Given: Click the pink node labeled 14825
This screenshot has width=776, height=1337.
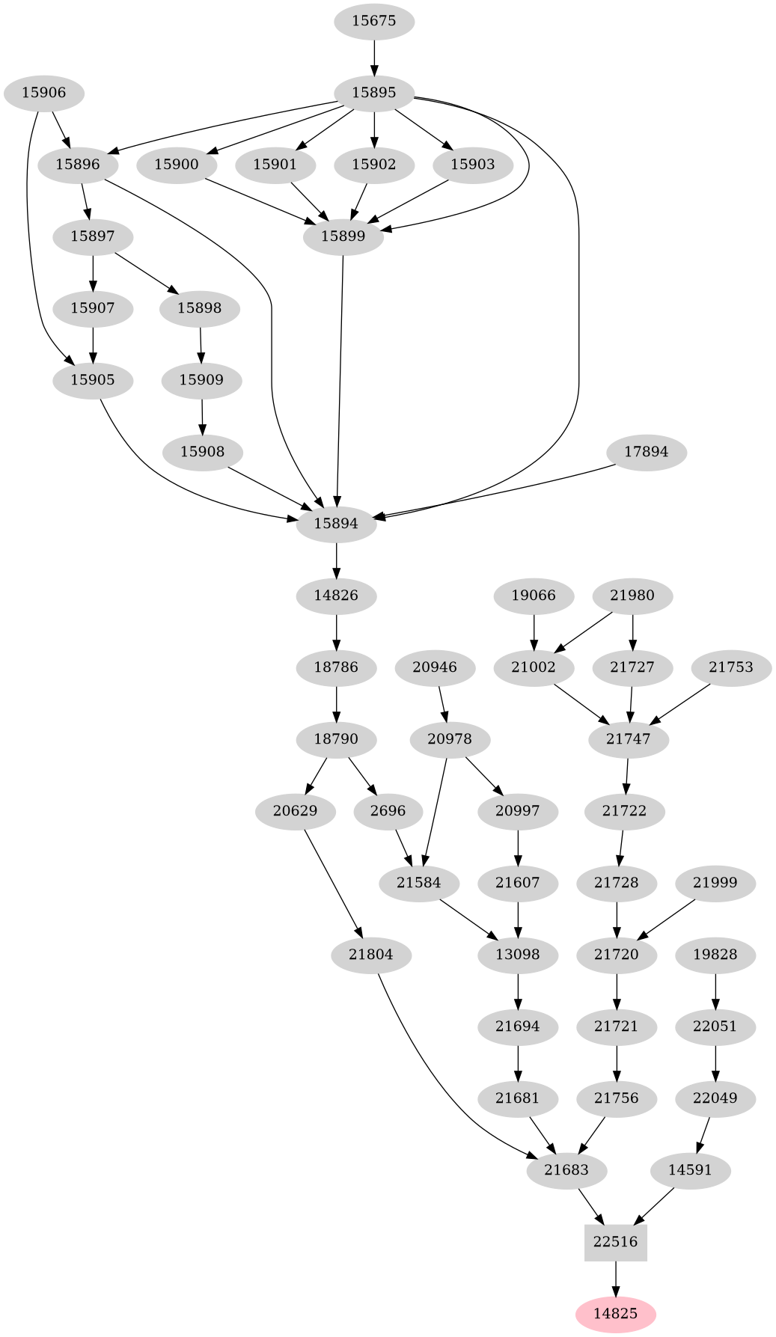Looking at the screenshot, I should (x=615, y=1314).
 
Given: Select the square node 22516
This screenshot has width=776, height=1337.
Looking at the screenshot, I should (x=615, y=1242).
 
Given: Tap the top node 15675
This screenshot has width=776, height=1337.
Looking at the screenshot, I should (x=373, y=21).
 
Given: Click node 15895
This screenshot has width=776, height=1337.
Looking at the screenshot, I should (x=373, y=93).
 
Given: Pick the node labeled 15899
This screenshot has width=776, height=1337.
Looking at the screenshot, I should (x=343, y=237).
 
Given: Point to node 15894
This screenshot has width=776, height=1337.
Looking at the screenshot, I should (x=336, y=524).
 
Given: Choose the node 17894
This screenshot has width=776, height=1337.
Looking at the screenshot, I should (x=647, y=452).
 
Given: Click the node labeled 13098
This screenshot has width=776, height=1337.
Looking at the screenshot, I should (x=518, y=955).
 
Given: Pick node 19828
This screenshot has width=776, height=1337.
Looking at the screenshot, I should (x=715, y=955).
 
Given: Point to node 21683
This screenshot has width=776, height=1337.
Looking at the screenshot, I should (x=566, y=1170).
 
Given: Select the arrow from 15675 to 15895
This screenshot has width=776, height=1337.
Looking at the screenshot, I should (x=373, y=57).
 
